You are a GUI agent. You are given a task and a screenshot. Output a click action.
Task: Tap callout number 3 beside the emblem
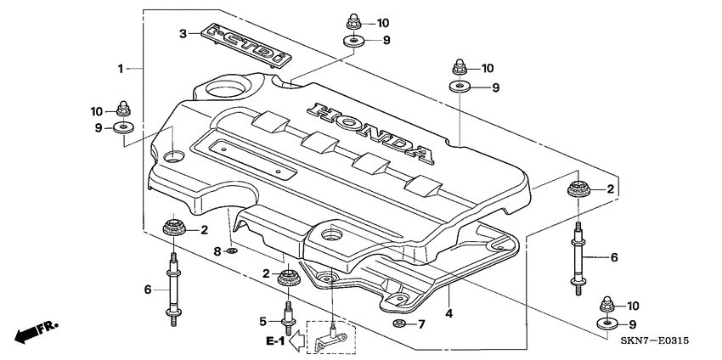tap(182, 34)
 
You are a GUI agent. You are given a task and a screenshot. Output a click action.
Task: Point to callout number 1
tap(121, 66)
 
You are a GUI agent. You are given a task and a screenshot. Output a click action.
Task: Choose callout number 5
tap(263, 321)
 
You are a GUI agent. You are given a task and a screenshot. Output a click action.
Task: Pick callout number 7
tap(421, 324)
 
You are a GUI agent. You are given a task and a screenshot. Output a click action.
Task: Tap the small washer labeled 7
tap(398, 324)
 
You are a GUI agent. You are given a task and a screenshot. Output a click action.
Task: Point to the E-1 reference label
tap(274, 340)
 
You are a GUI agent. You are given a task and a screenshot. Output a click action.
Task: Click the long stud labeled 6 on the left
tap(175, 288)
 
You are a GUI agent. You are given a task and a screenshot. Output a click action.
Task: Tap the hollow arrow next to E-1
tap(296, 341)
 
